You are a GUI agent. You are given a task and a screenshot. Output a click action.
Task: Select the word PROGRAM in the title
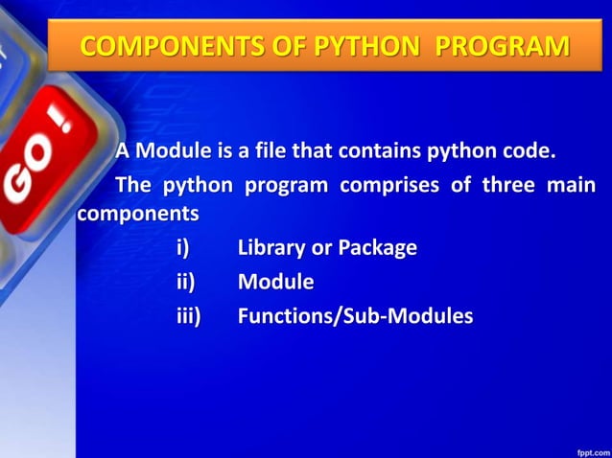pos(502,45)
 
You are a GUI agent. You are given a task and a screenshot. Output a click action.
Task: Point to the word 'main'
pos(572,184)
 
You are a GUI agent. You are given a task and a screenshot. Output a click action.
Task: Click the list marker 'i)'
pos(183,248)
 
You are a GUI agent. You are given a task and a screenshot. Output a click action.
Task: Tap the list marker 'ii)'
pos(185,282)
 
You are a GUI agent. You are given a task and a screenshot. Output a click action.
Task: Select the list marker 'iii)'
pos(188,315)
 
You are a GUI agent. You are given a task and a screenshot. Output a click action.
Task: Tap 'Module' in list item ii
pos(275,282)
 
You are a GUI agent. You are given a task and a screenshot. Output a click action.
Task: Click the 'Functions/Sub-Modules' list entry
pos(355,315)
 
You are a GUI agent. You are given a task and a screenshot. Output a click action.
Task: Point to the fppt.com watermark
pos(587,448)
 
